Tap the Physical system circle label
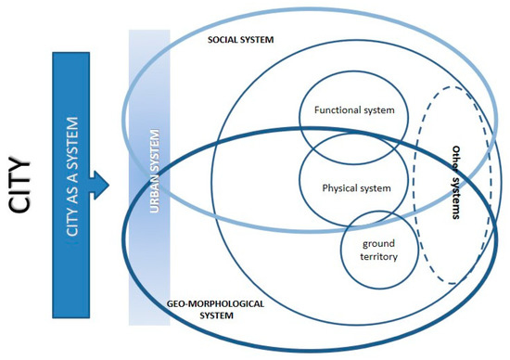356,187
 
